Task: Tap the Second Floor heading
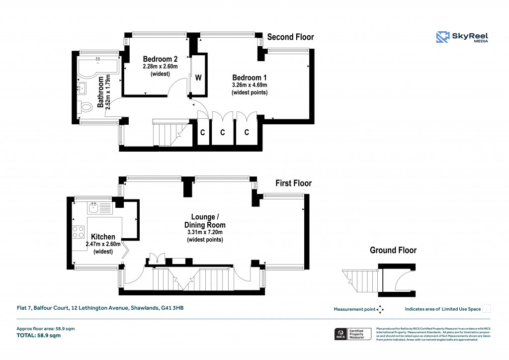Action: (x=290, y=37)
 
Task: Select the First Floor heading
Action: (x=293, y=183)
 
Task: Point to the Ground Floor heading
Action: (x=393, y=250)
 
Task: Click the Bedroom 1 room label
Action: (x=250, y=78)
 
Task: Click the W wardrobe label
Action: (x=198, y=78)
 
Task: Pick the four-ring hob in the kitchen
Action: (x=79, y=232)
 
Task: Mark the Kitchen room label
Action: (x=103, y=237)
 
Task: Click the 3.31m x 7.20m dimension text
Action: (x=205, y=232)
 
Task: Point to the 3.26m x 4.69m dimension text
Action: (x=250, y=85)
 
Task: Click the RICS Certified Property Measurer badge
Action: (x=352, y=334)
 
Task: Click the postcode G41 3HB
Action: (x=172, y=308)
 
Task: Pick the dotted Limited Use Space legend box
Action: (x=487, y=309)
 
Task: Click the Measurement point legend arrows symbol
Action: (x=380, y=309)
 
